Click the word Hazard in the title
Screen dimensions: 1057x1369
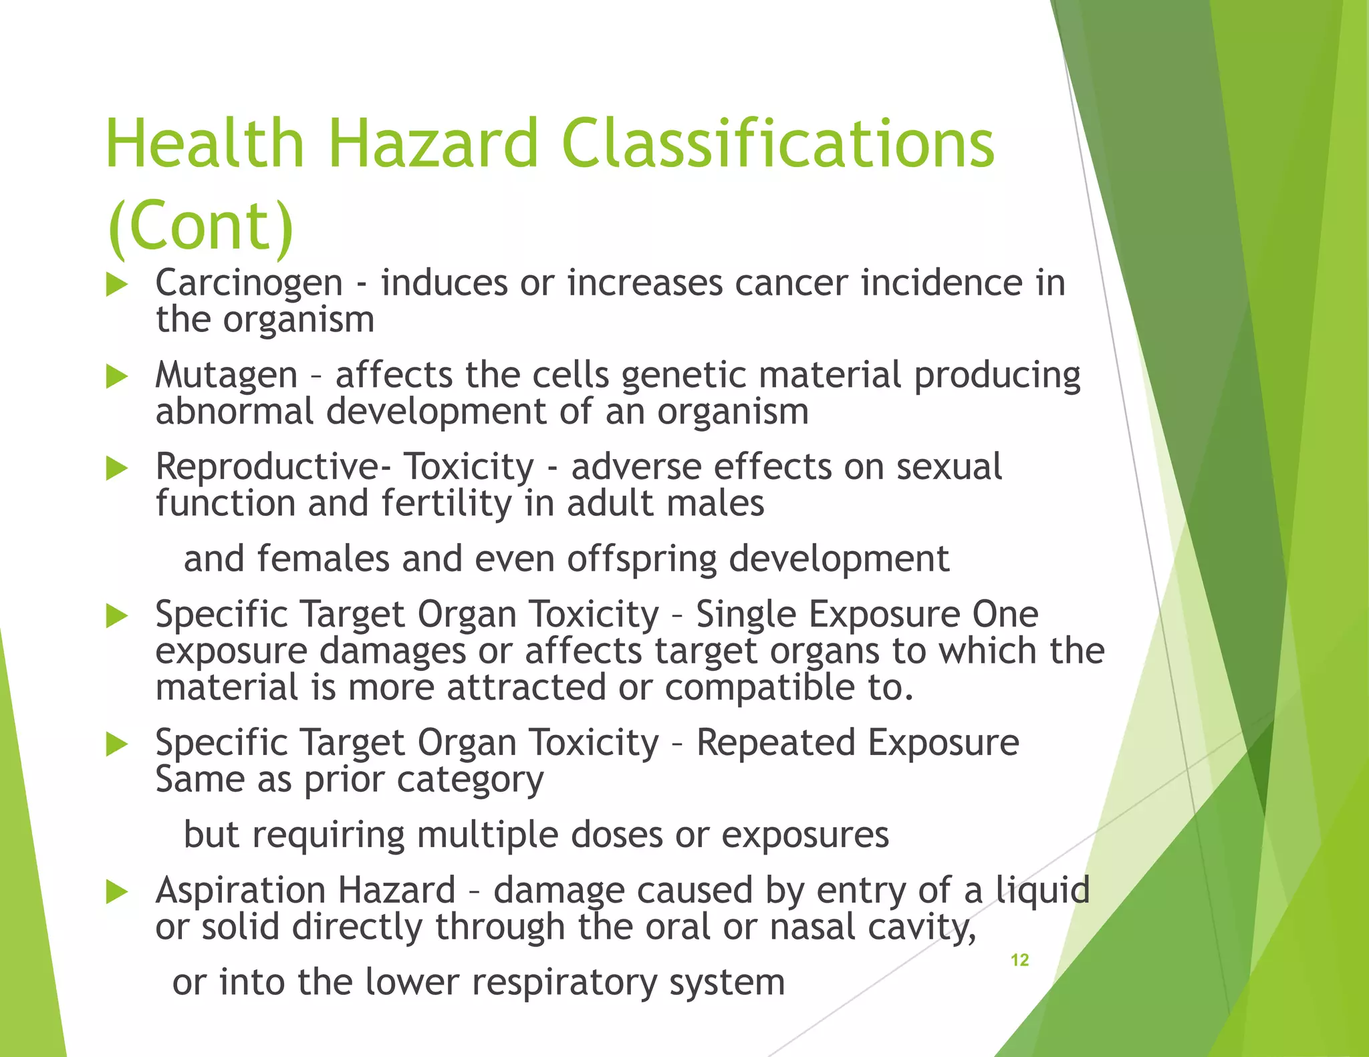tap(432, 144)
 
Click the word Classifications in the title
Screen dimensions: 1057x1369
tap(778, 144)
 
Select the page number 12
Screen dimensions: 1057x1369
tap(1019, 960)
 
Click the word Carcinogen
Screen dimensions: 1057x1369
tap(249, 283)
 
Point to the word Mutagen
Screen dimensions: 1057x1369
tap(226, 375)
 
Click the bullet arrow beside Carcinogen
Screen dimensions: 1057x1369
tap(117, 285)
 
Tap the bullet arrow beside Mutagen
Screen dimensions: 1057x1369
tap(117, 377)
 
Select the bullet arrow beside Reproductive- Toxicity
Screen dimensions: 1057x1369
tap(117, 468)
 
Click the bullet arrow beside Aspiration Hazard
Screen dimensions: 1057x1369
tap(117, 892)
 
